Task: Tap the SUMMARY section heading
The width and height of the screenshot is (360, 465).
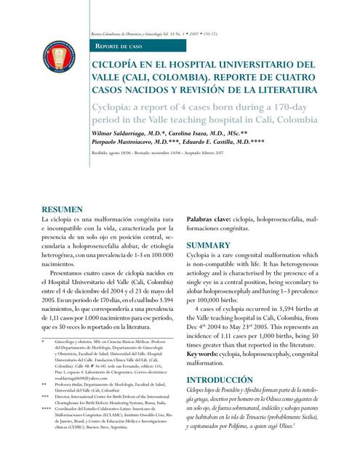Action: pyautogui.click(x=208, y=246)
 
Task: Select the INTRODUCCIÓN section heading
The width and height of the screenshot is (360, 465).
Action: pyautogui.click(x=220, y=380)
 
